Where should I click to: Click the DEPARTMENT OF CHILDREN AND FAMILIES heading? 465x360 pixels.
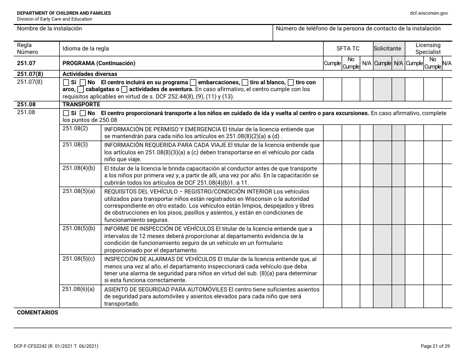click(x=64, y=13)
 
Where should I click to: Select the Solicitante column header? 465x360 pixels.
click(x=387, y=48)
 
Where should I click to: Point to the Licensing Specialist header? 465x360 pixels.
click(x=428, y=48)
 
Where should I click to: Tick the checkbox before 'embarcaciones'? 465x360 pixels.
click(x=193, y=82)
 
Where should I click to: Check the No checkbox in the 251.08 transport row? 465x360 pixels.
click(x=83, y=113)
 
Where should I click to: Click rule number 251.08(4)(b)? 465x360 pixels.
click(x=79, y=168)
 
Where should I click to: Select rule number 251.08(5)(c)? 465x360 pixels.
click(x=79, y=259)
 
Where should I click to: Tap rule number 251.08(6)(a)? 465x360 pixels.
click(x=79, y=289)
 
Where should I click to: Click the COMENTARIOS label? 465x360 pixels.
click(x=37, y=312)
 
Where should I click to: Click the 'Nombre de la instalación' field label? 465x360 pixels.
click(x=49, y=28)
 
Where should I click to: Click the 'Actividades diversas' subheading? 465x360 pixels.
click(x=90, y=74)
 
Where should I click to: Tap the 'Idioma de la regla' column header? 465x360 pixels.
click(x=86, y=48)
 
